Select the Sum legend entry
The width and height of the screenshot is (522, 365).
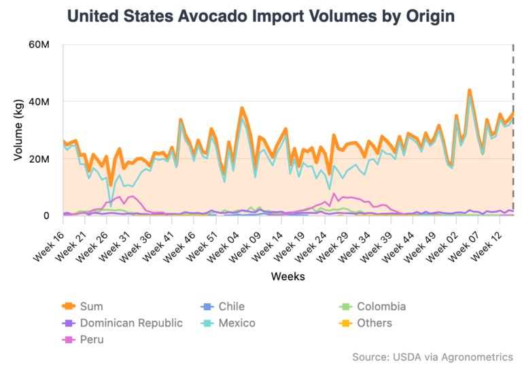click(85, 306)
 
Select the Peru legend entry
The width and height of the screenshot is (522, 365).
click(85, 339)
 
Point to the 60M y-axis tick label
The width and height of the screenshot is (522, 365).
click(37, 45)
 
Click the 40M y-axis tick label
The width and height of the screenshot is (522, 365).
click(37, 102)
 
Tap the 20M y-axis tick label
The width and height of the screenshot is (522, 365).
click(37, 159)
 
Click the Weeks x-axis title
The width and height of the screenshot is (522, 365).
click(288, 276)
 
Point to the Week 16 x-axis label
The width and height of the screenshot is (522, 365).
click(48, 239)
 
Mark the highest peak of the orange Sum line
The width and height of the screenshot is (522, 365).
click(469, 90)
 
